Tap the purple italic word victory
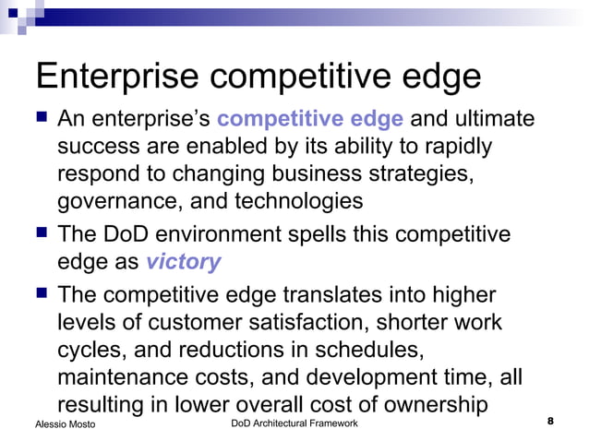click(184, 262)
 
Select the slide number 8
click(550, 422)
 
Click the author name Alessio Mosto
click(64, 423)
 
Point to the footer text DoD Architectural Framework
click(293, 423)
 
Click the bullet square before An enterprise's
click(40, 119)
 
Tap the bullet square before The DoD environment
click(40, 233)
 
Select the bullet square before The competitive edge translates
click(40, 295)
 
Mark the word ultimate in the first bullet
click(488, 119)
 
